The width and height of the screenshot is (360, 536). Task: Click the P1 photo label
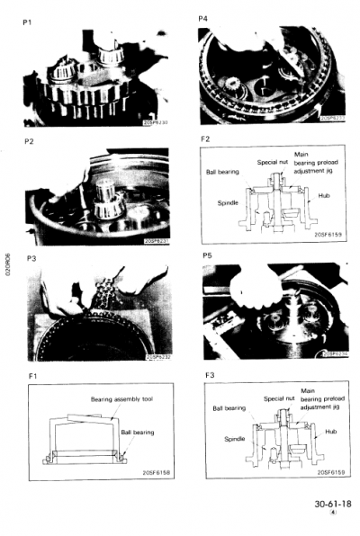tap(30, 19)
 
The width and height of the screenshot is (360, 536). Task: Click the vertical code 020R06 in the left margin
tap(7, 269)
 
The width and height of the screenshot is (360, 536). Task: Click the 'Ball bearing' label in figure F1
tap(138, 433)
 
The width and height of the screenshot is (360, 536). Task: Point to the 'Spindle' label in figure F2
tap(229, 202)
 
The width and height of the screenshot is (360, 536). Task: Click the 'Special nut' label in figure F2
tap(271, 162)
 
